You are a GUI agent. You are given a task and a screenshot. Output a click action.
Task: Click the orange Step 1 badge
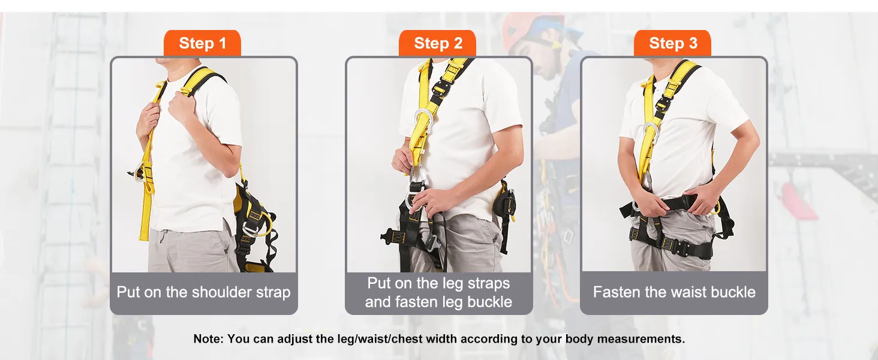pyautogui.click(x=202, y=43)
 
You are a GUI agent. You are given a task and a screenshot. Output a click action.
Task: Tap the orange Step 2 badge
pyautogui.click(x=437, y=43)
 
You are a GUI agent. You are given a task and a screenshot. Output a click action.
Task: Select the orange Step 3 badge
pyautogui.click(x=673, y=43)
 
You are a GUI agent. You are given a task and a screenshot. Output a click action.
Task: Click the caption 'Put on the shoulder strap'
pyautogui.click(x=203, y=293)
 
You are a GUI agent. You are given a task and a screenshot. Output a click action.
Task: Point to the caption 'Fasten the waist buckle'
pyautogui.click(x=674, y=292)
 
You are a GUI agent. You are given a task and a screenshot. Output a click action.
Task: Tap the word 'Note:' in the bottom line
pyautogui.click(x=209, y=338)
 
